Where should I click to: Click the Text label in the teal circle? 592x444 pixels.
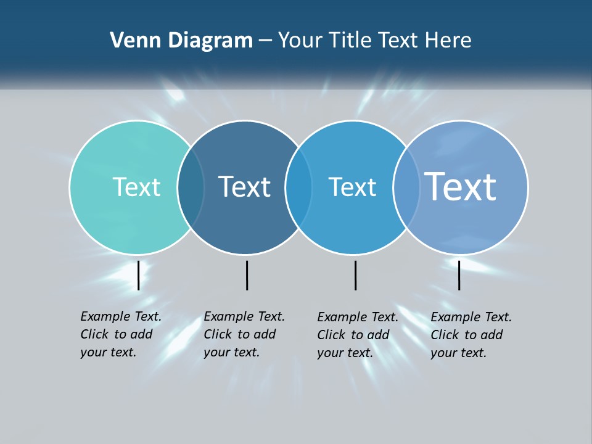coord(136,187)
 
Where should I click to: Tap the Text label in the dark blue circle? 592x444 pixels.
coord(245,187)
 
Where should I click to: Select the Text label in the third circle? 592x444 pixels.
coord(352,187)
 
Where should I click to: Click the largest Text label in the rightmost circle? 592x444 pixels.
coord(461,187)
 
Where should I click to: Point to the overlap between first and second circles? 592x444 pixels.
coord(191,187)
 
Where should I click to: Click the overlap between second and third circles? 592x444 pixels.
coord(298,187)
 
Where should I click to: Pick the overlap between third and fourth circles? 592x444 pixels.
coord(406,187)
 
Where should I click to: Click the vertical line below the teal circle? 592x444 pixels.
coord(139,275)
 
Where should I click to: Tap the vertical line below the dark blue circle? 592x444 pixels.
coord(247,275)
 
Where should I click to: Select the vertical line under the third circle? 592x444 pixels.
coord(355,275)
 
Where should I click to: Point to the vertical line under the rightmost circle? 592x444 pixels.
coord(459,275)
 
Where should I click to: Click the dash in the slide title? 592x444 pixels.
coord(265,41)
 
